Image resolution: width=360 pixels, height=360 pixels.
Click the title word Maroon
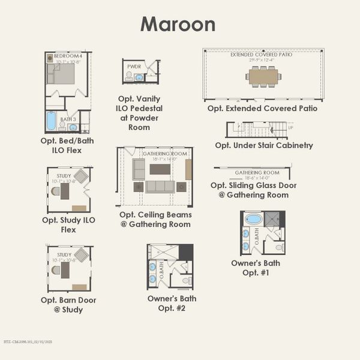click(178, 24)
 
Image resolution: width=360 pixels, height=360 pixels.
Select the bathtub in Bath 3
click(52, 121)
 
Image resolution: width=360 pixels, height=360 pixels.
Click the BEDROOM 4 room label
click(67, 55)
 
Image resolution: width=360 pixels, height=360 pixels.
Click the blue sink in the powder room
click(139, 77)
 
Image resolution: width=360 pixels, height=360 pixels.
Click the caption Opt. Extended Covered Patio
click(262, 109)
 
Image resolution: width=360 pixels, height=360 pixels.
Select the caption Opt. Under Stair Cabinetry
click(263, 145)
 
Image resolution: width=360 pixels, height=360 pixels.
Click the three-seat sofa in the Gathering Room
click(160, 186)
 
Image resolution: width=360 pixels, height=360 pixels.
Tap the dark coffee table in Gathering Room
click(160, 169)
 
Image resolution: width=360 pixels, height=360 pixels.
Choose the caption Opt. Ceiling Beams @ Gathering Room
click(155, 219)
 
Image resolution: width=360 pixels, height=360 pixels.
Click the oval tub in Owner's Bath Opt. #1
click(254, 219)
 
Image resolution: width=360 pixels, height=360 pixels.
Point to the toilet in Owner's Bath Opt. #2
click(186, 280)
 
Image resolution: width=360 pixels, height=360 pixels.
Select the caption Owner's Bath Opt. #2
click(172, 303)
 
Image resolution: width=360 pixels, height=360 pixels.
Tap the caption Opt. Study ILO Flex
click(68, 224)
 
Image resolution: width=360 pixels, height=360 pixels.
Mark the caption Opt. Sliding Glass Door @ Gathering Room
click(253, 190)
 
